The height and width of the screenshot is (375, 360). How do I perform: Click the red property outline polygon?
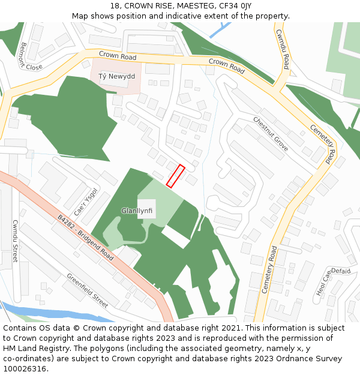coord(175,176)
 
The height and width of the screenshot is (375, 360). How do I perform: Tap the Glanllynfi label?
coord(138,211)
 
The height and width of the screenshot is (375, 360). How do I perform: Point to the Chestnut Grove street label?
coord(271,134)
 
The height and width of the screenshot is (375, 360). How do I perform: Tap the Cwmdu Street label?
coord(15,241)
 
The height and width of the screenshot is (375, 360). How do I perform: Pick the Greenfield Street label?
coord(88,290)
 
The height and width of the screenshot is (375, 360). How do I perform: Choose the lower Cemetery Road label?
coord(269,269)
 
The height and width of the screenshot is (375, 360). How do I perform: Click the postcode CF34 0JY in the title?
coord(234,6)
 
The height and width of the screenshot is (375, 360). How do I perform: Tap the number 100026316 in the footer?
coord(26,368)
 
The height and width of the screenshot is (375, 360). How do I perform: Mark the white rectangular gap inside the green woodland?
coord(175,237)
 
